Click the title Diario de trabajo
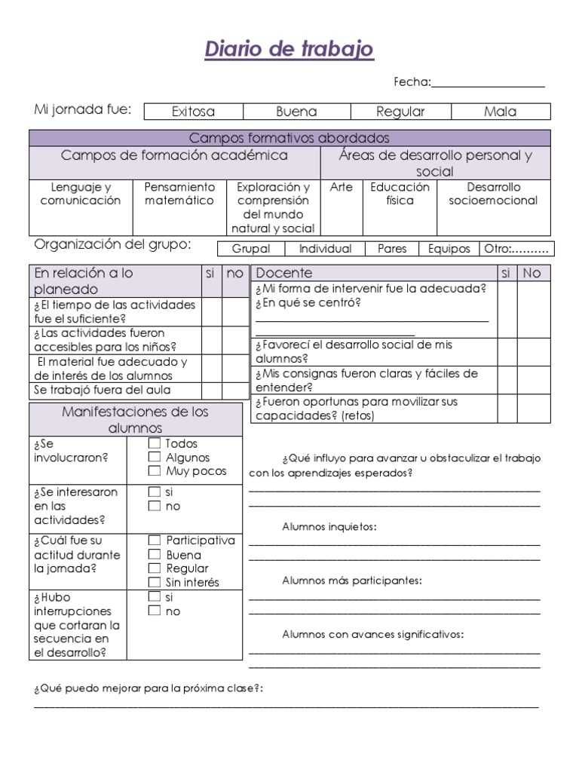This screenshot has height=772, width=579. [289, 50]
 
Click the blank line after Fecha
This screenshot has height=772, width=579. [488, 83]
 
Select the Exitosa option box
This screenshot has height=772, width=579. [193, 112]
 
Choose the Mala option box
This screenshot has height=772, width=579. [501, 112]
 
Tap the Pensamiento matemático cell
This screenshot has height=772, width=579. [179, 194]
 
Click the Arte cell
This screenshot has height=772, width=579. [342, 187]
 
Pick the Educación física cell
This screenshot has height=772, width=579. [400, 194]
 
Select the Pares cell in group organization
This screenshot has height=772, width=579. [391, 249]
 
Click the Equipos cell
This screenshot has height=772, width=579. [449, 249]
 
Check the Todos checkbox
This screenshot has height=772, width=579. [154, 443]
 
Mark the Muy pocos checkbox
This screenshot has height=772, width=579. [154, 471]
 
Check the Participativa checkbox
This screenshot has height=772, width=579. [154, 541]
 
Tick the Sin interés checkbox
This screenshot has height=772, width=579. [154, 582]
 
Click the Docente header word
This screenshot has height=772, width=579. [283, 273]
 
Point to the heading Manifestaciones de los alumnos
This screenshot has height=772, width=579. [136, 419]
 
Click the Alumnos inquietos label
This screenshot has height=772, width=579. [329, 526]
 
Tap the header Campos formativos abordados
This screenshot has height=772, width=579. [289, 138]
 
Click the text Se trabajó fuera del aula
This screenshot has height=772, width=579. [103, 390]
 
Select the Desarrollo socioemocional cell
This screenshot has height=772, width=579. [493, 194]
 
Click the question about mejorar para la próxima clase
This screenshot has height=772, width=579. [148, 689]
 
